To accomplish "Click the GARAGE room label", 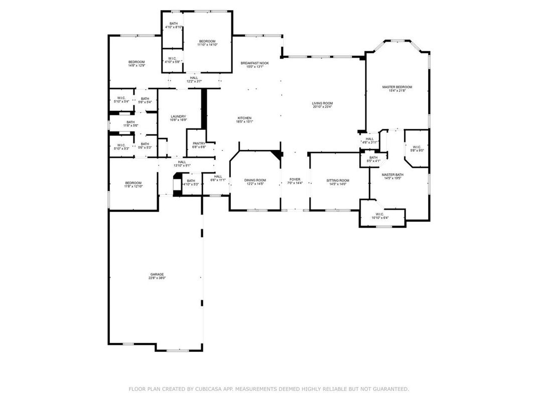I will coord(157,274).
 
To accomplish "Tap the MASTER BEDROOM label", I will coord(397,87).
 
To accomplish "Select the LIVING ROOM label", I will coord(322,103).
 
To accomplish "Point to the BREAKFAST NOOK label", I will coord(254,63).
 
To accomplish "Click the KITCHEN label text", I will coord(244,118).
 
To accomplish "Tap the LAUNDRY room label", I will coord(178,116).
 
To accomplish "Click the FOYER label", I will coord(295,179).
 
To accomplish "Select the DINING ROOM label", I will coord(255,180).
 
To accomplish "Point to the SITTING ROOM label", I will coord(337,180).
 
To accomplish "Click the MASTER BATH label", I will coord(392,174).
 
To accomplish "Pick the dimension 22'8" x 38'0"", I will coord(157,278).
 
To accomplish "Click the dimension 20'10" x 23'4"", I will coord(322,107).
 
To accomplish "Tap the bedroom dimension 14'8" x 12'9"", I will coord(137,66).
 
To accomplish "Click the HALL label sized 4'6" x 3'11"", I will coord(369,139).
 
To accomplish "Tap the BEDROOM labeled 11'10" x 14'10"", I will coord(207,41).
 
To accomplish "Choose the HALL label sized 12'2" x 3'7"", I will coord(194,78).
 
